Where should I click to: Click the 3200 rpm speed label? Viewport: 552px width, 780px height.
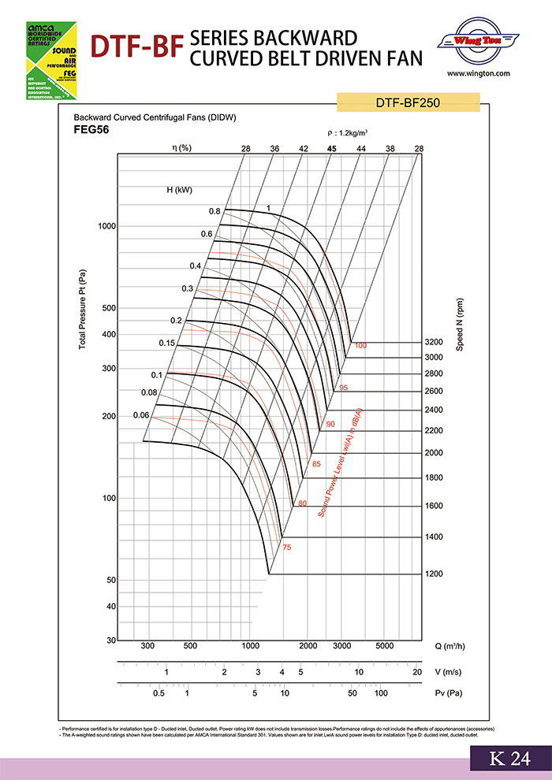point(434,343)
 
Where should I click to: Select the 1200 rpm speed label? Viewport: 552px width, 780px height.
point(434,574)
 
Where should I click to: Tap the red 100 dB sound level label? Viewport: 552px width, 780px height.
point(361,346)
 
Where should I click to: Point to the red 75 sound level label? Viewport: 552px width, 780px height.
point(287,547)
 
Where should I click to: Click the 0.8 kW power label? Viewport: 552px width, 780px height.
point(214,211)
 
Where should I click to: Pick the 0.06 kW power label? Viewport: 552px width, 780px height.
point(141,415)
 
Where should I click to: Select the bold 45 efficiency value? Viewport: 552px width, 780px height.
point(332,148)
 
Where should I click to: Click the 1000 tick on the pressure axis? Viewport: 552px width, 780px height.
point(106,227)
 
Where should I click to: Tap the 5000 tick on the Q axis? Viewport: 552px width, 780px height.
point(384,646)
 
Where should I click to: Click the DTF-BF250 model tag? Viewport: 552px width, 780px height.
point(408,102)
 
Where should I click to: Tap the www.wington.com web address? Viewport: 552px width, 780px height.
point(479,73)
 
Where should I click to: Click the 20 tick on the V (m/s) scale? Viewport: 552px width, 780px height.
point(416,671)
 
